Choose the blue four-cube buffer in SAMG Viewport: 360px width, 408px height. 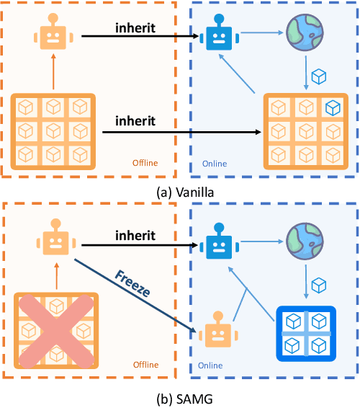pos(306,334)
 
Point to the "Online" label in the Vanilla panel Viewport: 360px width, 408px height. pos(215,163)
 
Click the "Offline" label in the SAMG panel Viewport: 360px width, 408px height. pos(145,365)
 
